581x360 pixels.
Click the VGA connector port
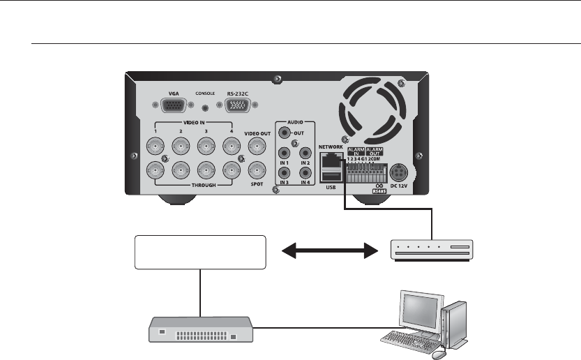click(x=173, y=105)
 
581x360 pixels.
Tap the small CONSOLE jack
click(x=205, y=107)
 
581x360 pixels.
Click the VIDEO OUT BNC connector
click(x=258, y=146)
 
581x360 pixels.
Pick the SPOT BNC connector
click(x=258, y=170)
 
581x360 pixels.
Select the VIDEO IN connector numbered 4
click(x=230, y=146)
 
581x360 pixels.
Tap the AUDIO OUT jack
click(x=285, y=130)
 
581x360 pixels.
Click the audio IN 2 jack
click(x=305, y=153)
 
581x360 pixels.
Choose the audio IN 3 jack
click(x=285, y=174)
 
